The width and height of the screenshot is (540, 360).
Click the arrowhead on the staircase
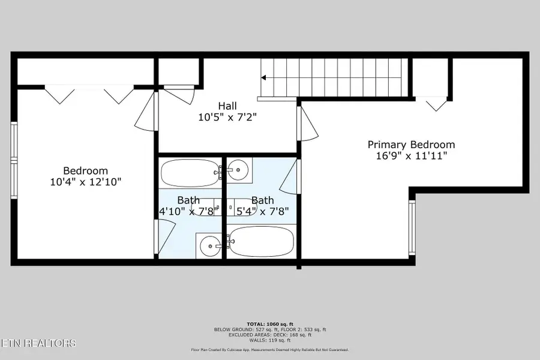tap(263, 77)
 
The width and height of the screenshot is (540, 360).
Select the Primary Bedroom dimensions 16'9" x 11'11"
tap(411, 155)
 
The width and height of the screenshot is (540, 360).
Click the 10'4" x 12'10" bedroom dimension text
tap(86, 181)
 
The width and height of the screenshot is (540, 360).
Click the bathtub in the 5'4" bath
tap(261, 242)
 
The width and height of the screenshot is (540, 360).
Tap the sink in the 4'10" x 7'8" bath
tap(209, 244)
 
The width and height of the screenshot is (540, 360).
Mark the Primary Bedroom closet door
tap(436, 103)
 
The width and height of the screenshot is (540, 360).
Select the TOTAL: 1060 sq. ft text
tap(269, 324)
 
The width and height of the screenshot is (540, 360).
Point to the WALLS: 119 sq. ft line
tap(269, 340)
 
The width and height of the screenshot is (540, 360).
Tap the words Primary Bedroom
tap(411, 145)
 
